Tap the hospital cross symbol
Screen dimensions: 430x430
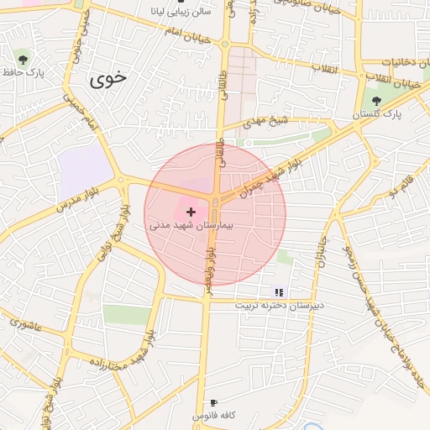(x=191, y=212)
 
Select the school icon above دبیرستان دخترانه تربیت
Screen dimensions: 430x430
(x=279, y=292)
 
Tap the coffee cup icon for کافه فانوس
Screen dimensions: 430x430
(x=213, y=403)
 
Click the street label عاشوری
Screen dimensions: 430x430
(x=25, y=323)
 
